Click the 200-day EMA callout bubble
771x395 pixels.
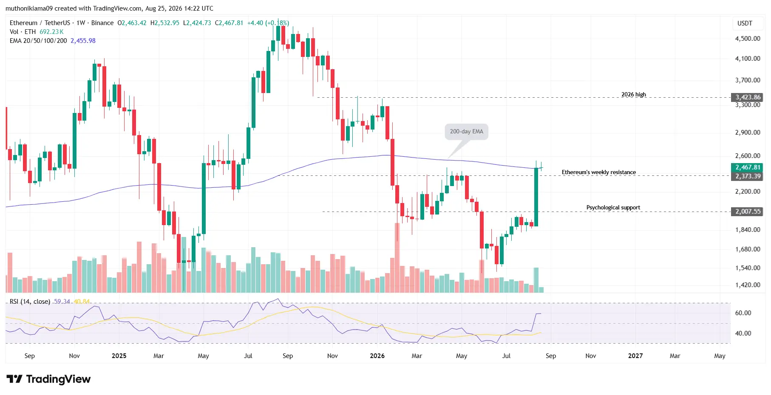[x=466, y=132]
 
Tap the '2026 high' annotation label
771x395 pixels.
[x=634, y=94]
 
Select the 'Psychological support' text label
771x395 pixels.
[x=613, y=207]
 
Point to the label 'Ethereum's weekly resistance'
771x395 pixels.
[x=599, y=172]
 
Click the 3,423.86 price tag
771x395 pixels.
[x=747, y=97]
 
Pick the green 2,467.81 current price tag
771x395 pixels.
[x=747, y=167]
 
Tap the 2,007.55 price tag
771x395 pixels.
[x=747, y=212]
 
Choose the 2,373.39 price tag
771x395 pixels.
[x=747, y=176]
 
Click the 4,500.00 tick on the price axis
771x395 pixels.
[x=748, y=38]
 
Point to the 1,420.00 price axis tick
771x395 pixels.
[x=748, y=285]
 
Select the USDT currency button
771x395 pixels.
[x=745, y=23]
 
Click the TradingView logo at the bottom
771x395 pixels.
[x=48, y=379]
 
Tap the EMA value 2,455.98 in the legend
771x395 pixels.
[x=83, y=41]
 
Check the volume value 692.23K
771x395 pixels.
[x=51, y=32]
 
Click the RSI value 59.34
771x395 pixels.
[x=62, y=302]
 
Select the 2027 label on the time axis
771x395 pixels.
[x=635, y=356]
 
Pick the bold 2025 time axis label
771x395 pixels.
[x=119, y=356]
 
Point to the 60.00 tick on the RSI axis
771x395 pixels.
[x=743, y=313]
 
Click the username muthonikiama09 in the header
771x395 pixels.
[x=29, y=8]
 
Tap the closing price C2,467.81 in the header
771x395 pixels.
[x=229, y=23]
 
